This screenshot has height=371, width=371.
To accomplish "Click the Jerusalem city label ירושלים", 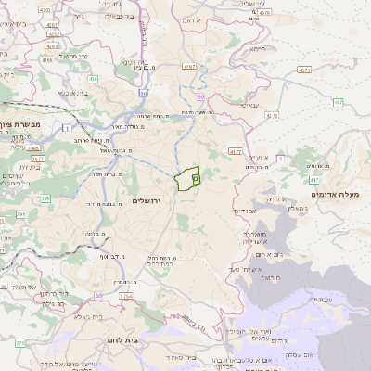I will click(147, 200).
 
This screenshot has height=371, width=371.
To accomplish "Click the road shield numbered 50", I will click(144, 94).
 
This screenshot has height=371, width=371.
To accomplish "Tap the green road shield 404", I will click(94, 80).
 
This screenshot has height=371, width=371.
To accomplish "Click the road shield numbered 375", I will click(19, 343).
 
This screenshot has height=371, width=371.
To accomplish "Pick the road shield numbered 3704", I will click(124, 296).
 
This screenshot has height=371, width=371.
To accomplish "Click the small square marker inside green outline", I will click(195, 177).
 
